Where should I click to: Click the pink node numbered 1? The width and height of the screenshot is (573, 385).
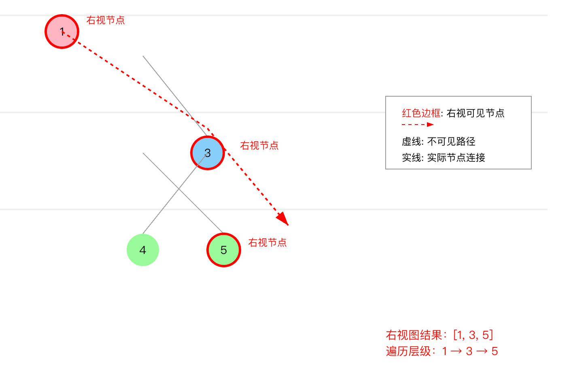click(62, 32)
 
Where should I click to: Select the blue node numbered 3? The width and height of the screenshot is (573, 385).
click(208, 153)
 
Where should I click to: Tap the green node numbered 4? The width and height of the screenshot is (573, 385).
click(143, 250)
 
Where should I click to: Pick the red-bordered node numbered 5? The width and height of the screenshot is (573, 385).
click(224, 250)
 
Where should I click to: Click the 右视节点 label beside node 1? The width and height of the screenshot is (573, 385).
click(106, 20)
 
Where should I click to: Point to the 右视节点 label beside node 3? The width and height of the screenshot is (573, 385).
click(259, 146)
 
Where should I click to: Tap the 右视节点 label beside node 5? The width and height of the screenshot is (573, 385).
click(267, 243)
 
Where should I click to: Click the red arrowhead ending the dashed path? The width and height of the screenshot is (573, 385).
click(283, 219)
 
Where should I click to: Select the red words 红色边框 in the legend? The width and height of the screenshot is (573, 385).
click(421, 113)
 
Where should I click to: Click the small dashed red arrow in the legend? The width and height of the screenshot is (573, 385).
click(418, 125)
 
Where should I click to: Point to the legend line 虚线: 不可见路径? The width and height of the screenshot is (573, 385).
click(439, 142)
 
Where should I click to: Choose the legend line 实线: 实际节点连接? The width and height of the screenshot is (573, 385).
click(444, 158)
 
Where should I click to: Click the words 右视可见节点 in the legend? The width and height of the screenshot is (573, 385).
click(476, 113)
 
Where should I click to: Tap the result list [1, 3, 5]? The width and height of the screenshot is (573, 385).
click(473, 335)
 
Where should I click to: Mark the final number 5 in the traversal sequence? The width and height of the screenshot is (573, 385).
click(494, 351)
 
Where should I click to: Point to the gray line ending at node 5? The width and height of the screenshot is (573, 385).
click(182, 192)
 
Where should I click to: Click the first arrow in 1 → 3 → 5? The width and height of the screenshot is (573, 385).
click(456, 351)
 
